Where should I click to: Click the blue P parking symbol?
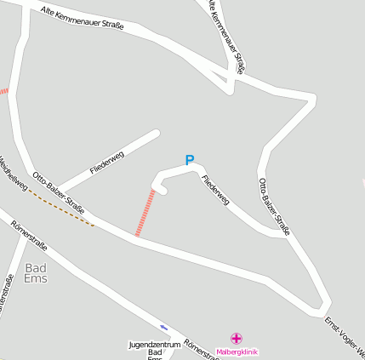click(x=190, y=159)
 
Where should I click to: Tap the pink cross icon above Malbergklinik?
click(x=237, y=339)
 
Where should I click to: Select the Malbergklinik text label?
click(x=237, y=351)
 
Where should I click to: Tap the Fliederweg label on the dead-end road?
click(x=107, y=163)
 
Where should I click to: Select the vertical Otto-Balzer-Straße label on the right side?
click(x=274, y=205)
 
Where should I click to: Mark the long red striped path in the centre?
click(x=145, y=213)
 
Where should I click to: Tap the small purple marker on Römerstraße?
click(x=164, y=327)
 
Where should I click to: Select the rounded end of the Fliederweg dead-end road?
click(x=157, y=134)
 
